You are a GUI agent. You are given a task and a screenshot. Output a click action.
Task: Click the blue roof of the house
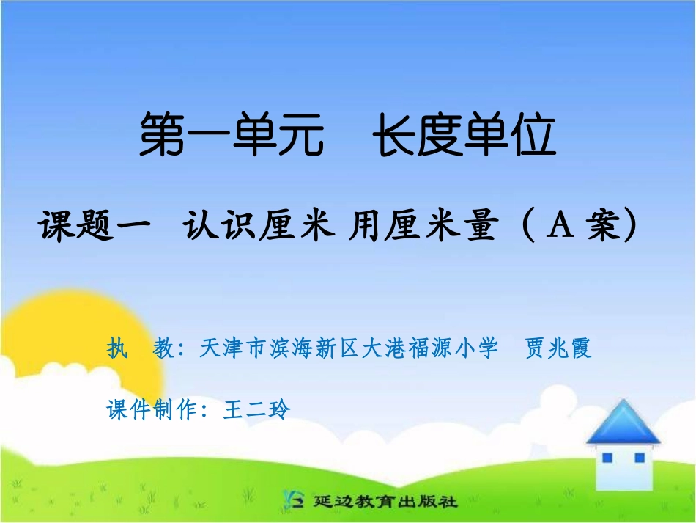click(623, 424)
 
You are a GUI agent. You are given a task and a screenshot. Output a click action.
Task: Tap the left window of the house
click(607, 458)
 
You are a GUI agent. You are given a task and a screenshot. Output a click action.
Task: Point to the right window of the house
click(639, 458)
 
